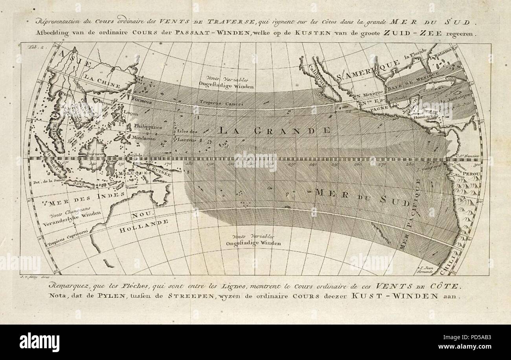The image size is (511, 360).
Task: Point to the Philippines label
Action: (148, 127)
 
